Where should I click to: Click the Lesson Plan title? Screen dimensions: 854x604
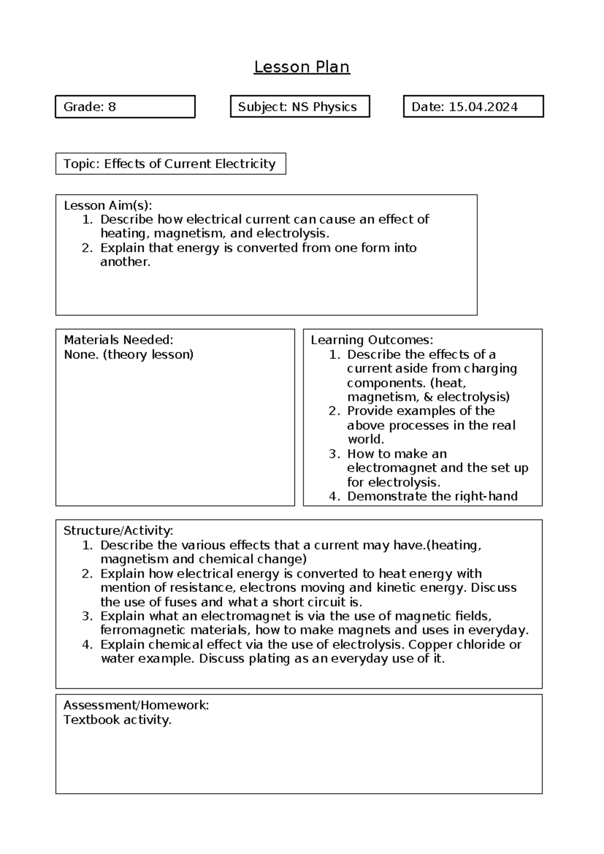point(301,66)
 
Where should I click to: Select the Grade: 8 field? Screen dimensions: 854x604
point(125,107)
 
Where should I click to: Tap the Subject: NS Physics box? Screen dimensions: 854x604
point(299,107)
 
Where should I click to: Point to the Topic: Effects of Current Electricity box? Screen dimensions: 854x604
point(170,164)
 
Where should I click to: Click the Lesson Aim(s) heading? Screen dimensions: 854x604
point(108,205)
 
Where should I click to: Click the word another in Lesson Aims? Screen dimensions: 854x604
point(124,262)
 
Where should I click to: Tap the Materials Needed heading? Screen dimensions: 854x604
point(118,340)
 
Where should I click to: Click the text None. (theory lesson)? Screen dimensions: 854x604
point(128,354)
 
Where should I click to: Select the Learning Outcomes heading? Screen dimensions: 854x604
point(371,340)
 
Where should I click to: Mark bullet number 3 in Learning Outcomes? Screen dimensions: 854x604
point(334,454)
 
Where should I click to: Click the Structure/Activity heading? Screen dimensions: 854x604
point(118,531)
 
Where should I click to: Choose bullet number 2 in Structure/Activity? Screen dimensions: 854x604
point(87,574)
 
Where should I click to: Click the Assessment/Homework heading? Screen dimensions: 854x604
point(136,705)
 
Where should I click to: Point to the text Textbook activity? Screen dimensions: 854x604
point(117,720)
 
